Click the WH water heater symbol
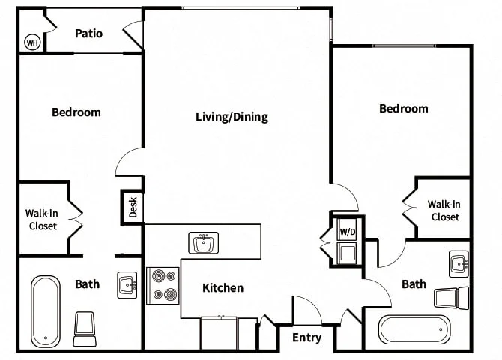32,42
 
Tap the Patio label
88,33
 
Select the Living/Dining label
232,117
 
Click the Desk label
133,207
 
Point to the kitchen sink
204,243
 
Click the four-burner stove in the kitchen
163,285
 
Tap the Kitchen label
223,287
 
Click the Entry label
306,337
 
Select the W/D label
348,232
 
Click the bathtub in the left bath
46,311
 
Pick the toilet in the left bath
85,329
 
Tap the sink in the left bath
127,285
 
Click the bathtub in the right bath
414,329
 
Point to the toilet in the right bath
451,298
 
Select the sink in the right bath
459,264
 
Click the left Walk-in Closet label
42,220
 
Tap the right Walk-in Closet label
444,211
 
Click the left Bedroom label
76,112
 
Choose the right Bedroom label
404,108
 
